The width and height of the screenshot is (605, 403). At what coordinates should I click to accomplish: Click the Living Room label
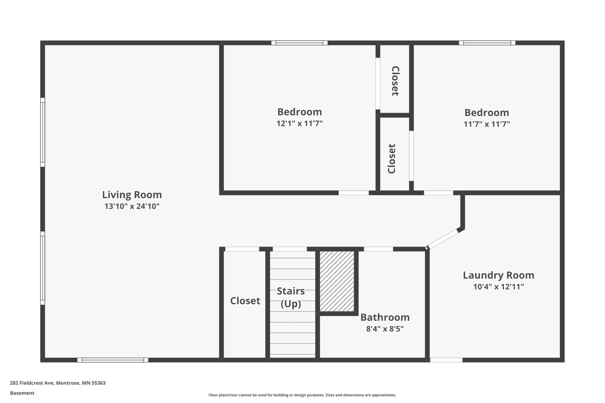tap(132, 195)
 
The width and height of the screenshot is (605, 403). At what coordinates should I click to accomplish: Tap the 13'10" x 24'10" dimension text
tap(132, 206)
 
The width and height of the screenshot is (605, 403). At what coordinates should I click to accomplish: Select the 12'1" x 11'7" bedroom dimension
tap(300, 124)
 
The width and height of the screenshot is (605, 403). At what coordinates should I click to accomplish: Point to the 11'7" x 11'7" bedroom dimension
tap(487, 124)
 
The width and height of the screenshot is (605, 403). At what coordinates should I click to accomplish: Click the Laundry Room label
tap(499, 275)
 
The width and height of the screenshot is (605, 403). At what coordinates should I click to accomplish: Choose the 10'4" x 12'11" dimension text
tap(499, 287)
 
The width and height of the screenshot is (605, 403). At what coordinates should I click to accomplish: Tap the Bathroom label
tap(385, 317)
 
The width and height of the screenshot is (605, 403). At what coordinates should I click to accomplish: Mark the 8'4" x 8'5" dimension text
tap(385, 329)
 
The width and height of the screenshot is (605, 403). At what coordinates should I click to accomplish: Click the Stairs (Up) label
tap(291, 297)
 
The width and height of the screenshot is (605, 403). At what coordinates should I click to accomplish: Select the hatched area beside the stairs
tap(337, 281)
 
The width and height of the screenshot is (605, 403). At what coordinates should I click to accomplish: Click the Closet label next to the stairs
tap(245, 301)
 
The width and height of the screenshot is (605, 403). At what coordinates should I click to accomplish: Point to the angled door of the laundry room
tap(443, 239)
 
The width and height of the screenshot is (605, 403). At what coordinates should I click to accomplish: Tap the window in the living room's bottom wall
tap(113, 360)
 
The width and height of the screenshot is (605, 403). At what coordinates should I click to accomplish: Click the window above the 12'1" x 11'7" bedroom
tap(300, 43)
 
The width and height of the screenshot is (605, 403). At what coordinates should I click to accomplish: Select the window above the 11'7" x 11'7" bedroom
tap(487, 43)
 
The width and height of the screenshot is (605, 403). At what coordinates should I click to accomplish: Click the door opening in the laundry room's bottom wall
tap(446, 360)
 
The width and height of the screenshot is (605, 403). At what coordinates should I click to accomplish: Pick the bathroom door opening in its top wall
tap(378, 249)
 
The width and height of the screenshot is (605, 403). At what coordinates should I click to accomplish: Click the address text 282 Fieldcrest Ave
tap(32, 383)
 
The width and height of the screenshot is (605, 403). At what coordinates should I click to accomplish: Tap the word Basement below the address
tap(22, 393)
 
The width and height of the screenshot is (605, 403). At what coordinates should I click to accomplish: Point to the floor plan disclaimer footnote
tap(302, 395)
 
